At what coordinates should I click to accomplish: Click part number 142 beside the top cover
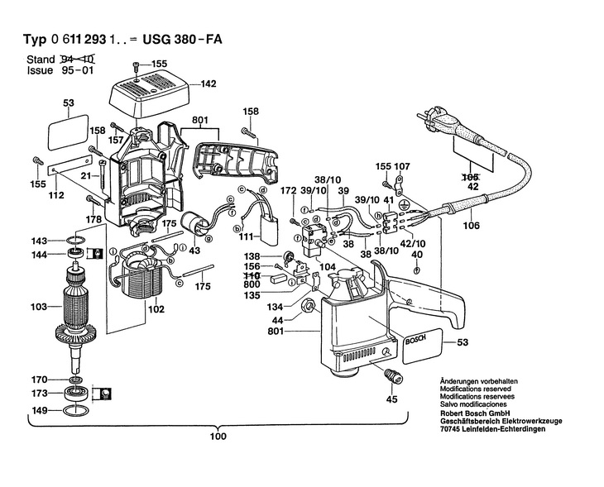pyautogui.click(x=208, y=84)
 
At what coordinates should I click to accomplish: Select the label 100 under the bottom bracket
pyautogui.click(x=217, y=437)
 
